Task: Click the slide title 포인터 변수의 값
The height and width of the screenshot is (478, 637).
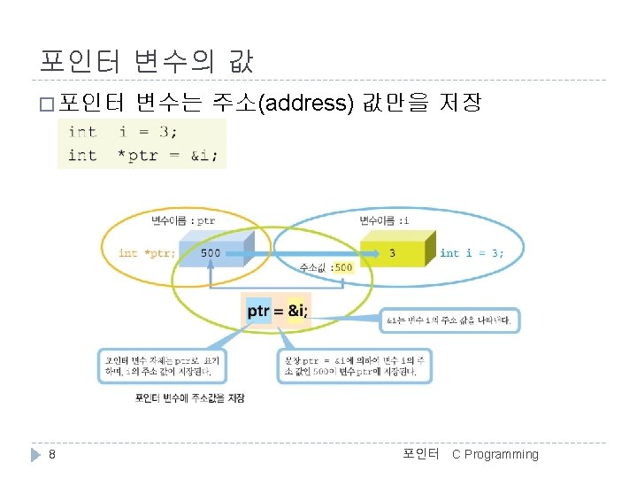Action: coord(147,61)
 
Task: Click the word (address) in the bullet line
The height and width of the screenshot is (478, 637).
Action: coord(309,104)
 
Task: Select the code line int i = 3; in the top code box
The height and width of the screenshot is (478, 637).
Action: coord(123,131)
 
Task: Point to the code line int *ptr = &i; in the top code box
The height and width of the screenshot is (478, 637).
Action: coord(142,155)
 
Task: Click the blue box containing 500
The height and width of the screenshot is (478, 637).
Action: coord(212,253)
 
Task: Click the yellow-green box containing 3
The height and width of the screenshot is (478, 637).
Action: coord(394,253)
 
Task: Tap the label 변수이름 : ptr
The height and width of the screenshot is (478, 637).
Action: coord(183,220)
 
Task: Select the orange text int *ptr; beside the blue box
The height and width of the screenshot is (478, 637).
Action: coord(147,253)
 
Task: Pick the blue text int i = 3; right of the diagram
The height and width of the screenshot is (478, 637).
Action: coord(472,253)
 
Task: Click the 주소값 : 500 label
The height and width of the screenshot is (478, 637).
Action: coord(326,266)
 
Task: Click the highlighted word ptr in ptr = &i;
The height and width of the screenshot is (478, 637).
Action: coord(258,311)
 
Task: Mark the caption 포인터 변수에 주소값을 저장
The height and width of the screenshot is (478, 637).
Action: coord(189,398)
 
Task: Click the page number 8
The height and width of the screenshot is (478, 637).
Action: coord(52,454)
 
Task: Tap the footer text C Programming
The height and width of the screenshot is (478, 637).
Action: coord(495,454)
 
